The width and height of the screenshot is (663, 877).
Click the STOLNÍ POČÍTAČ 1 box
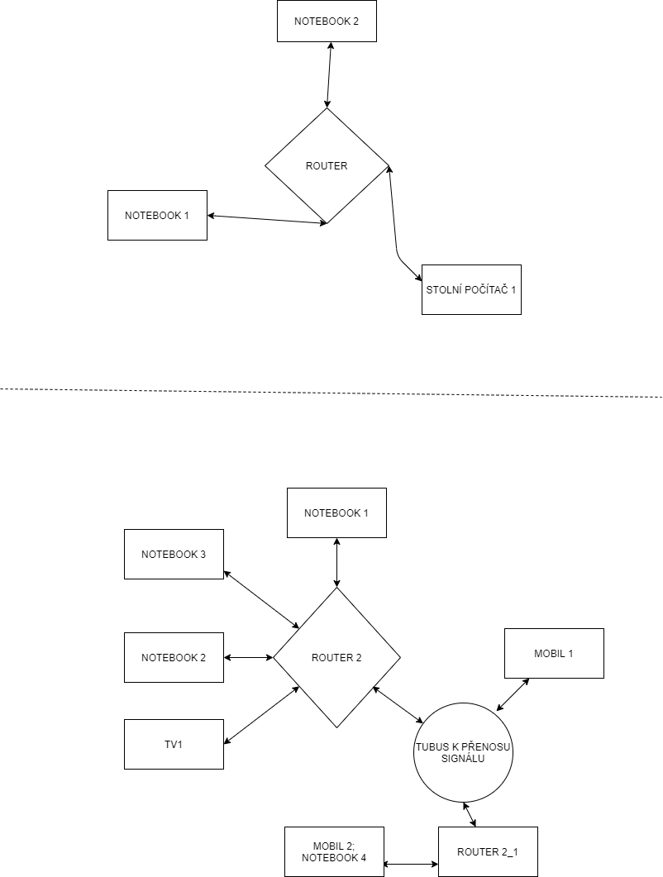click(x=471, y=289)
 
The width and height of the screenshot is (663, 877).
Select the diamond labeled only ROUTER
click(x=327, y=165)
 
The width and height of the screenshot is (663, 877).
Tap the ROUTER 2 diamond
click(x=336, y=658)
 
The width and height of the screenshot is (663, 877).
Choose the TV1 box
click(x=174, y=744)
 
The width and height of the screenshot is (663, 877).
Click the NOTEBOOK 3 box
click(x=174, y=554)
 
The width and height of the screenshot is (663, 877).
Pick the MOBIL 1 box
click(x=554, y=653)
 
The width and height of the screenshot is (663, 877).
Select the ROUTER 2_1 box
click(x=488, y=851)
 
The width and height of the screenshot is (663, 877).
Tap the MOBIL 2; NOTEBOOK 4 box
click(x=334, y=851)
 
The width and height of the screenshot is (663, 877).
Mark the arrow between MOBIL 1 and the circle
click(x=513, y=694)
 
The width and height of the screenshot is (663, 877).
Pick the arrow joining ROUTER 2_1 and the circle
click(x=470, y=813)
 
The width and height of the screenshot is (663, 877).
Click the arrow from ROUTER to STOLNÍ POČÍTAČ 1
click(x=395, y=231)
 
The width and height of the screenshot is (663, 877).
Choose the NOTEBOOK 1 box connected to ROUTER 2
click(x=336, y=512)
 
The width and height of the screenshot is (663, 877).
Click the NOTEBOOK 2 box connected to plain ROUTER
click(x=327, y=21)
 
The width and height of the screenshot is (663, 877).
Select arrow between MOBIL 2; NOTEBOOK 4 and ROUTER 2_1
click(x=411, y=865)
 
